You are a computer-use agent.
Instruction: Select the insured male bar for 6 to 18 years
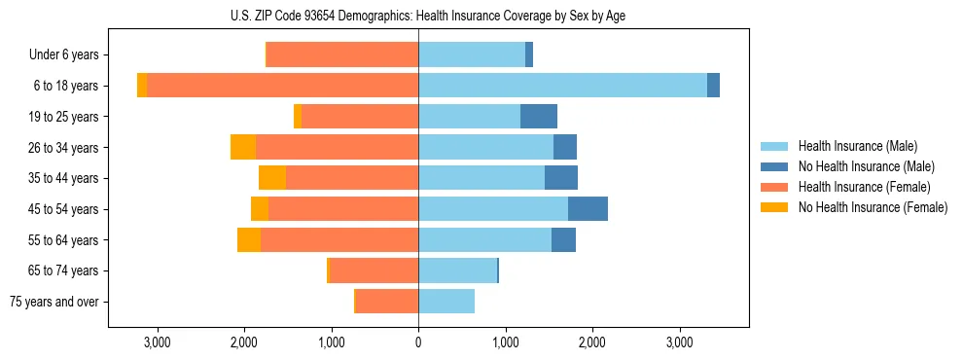point(562,86)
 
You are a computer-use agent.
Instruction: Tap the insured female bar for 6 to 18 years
point(282,86)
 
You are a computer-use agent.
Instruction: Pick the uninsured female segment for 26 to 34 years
point(243,147)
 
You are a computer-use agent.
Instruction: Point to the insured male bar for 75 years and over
point(446,302)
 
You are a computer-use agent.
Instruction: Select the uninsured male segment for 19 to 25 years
point(539,117)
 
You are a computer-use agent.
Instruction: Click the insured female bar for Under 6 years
point(342,54)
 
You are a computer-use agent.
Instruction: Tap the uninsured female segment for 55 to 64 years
point(249,239)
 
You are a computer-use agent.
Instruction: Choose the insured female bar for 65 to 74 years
point(374,270)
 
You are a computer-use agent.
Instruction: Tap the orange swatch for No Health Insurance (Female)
point(775,207)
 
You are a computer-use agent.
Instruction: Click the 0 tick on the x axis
point(418,342)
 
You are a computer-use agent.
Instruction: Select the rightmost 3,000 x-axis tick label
point(680,342)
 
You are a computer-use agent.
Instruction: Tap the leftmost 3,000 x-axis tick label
point(157,342)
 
